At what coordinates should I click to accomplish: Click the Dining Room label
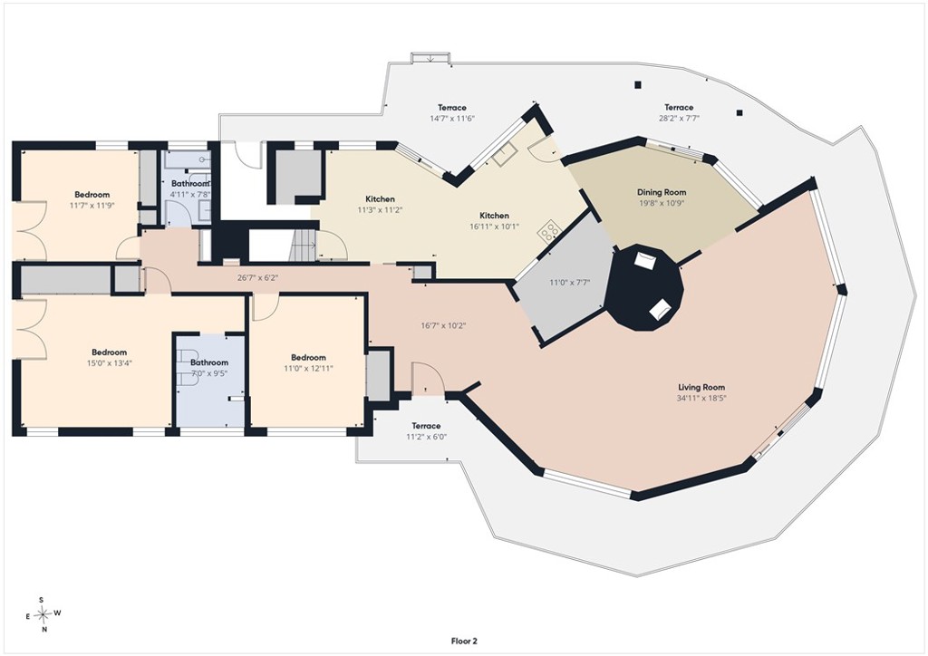[662, 192]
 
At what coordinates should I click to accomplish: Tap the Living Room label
[701, 388]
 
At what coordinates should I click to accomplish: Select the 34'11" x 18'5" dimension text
[701, 398]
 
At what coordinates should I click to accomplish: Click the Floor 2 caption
[464, 641]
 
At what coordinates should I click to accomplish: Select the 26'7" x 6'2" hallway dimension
[258, 277]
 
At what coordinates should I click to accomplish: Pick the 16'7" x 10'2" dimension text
[444, 325]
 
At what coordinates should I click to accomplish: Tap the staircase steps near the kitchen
[304, 245]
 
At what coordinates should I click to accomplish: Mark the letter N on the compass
[44, 630]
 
